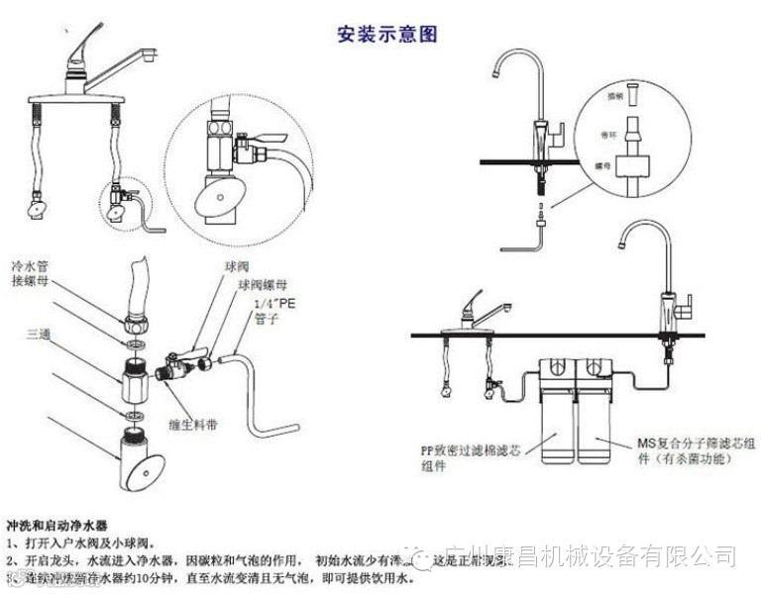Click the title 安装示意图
tap(386, 34)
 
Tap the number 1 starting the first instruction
tap(11, 543)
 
